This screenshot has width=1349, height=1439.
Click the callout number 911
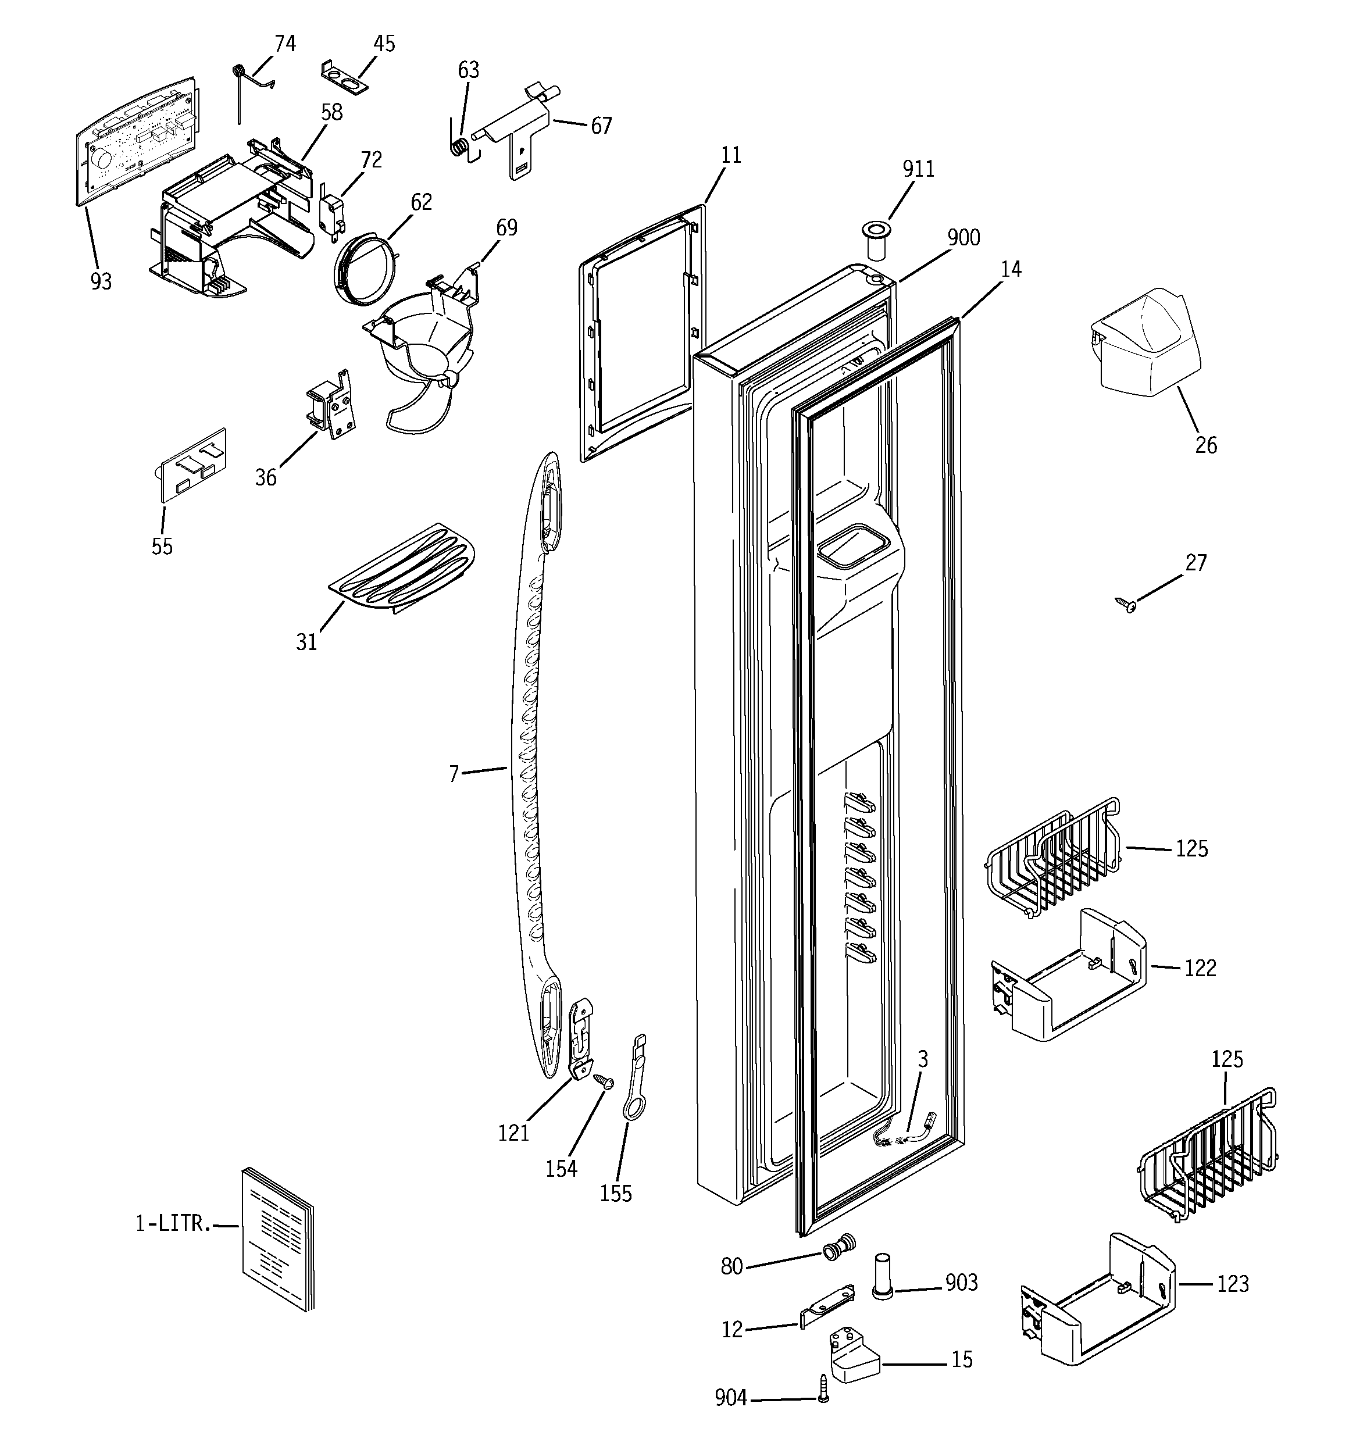pos(918,169)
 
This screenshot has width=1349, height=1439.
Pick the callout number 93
pos(101,281)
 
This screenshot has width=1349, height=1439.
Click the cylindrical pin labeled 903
pos(882,1285)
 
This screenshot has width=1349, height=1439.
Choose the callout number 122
pos(1200,968)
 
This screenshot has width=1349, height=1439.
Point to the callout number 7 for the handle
pos(454,774)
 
